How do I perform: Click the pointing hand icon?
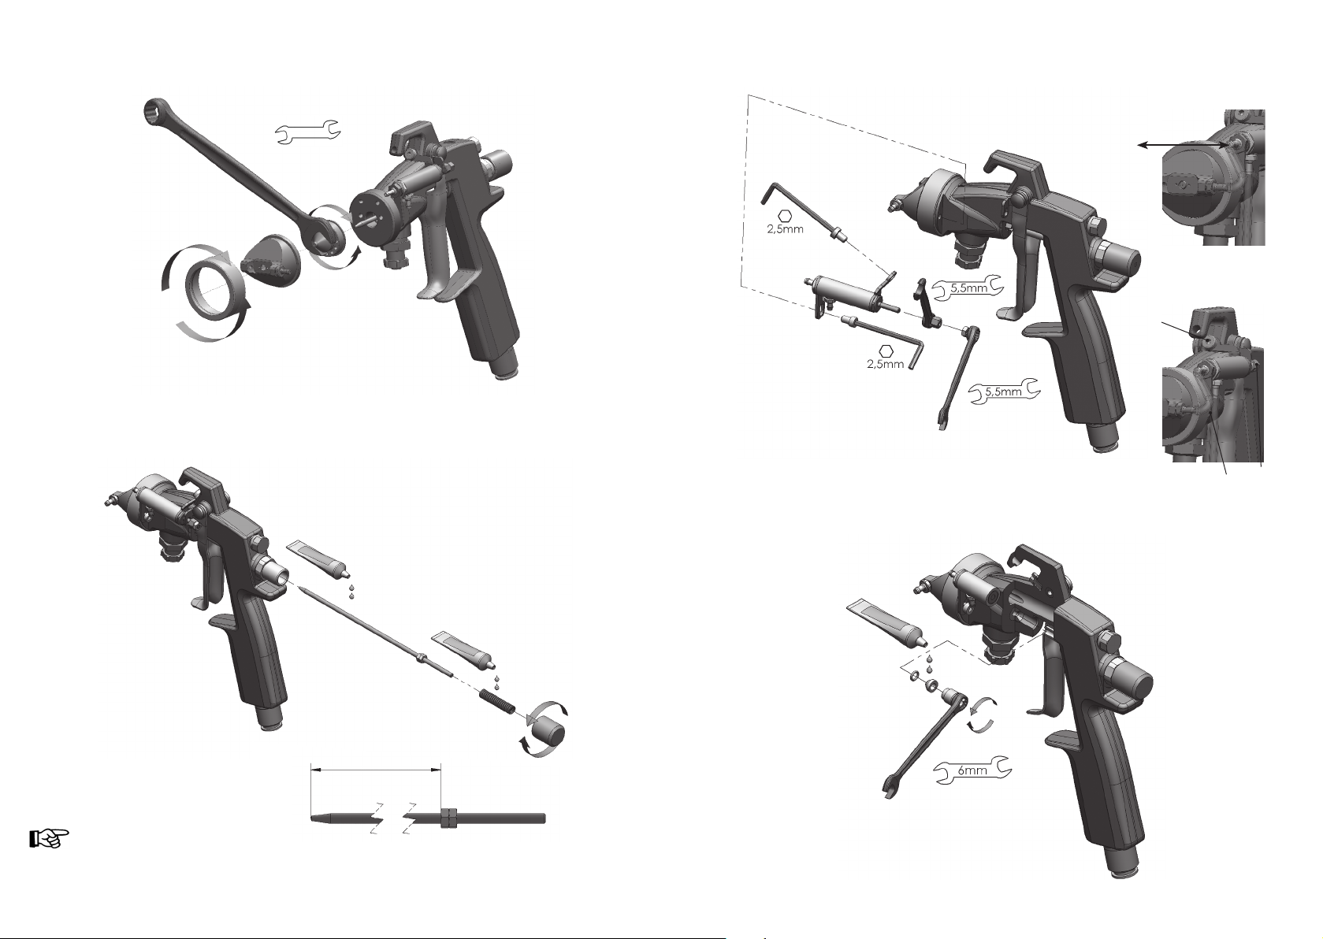point(49,839)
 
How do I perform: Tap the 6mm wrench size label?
point(972,771)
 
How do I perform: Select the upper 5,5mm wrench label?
point(968,289)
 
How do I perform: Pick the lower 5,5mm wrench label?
point(1004,392)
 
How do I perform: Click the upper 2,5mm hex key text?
point(785,230)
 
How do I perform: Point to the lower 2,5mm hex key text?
point(886,365)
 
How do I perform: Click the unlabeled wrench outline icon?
point(308,132)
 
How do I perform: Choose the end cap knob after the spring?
point(548,733)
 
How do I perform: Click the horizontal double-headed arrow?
point(1183,145)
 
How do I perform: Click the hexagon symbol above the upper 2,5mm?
point(785,216)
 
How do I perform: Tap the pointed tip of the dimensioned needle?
point(312,818)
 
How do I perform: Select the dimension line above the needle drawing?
point(376,769)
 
